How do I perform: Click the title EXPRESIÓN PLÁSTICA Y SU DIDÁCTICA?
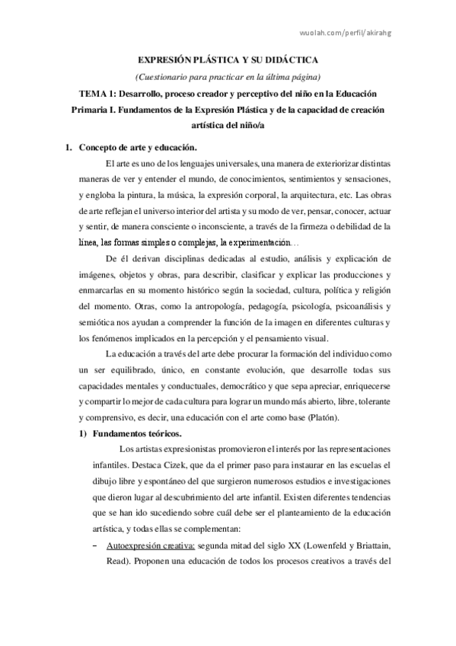(228, 59)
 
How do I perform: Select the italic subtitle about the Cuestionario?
(228, 76)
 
